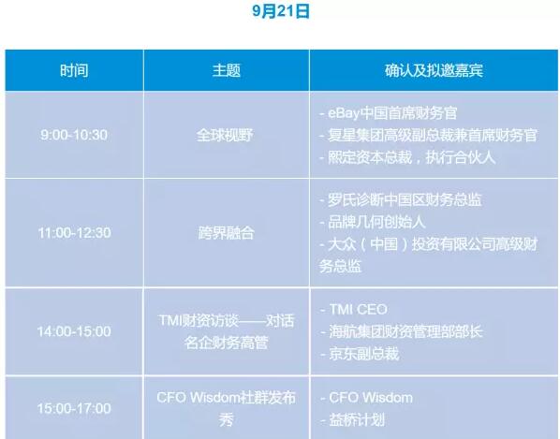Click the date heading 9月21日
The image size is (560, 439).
280,11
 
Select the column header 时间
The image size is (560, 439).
74,70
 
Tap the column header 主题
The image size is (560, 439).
226,70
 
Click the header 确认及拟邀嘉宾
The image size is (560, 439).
434,70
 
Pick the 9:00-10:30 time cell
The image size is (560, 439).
74,135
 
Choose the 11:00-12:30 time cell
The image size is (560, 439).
74,233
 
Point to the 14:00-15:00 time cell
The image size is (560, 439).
74,331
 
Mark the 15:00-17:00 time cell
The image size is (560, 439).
74,408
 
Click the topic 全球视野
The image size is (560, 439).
226,135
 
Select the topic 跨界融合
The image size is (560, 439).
226,233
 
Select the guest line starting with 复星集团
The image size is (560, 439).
428,135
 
